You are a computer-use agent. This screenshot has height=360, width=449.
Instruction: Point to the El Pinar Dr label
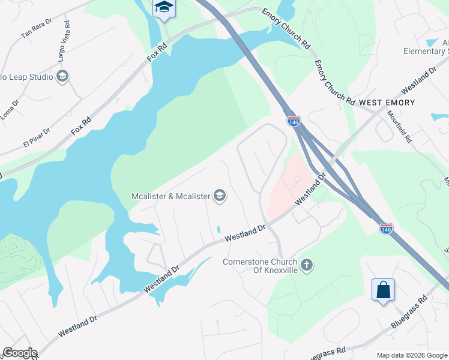point(37,137)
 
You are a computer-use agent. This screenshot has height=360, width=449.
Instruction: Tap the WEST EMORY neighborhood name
point(387,103)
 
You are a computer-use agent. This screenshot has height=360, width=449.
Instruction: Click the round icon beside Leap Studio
point(62,76)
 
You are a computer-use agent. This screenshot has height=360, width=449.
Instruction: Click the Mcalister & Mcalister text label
point(171,196)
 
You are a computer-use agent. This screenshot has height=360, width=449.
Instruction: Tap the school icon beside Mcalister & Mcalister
point(220,196)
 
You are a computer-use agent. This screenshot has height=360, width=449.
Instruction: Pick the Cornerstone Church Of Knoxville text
point(260,266)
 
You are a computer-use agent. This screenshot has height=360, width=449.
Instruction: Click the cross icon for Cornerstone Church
point(307,265)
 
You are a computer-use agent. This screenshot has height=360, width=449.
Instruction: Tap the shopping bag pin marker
point(383,290)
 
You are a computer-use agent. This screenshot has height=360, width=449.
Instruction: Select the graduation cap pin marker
point(163,8)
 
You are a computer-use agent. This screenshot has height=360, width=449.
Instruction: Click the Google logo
point(19,353)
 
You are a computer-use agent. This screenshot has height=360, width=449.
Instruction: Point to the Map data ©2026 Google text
point(411,355)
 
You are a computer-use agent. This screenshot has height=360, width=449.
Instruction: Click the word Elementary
point(424,52)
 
